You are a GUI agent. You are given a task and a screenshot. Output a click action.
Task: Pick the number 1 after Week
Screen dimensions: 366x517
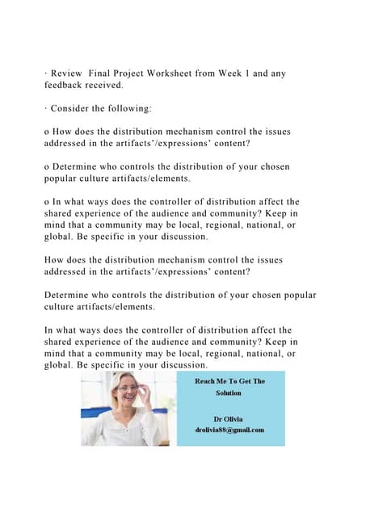267,74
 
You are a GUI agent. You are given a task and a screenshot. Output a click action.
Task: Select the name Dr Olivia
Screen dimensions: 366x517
228,418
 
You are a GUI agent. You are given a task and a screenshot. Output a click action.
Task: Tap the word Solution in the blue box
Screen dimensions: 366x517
228,393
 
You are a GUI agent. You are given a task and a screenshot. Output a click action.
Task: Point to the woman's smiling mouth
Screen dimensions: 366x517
128,401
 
